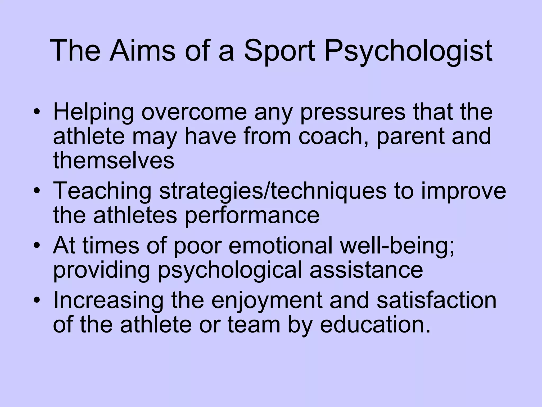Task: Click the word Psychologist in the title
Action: (x=408, y=52)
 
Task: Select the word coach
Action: (x=335, y=136)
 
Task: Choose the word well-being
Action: (x=397, y=246)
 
